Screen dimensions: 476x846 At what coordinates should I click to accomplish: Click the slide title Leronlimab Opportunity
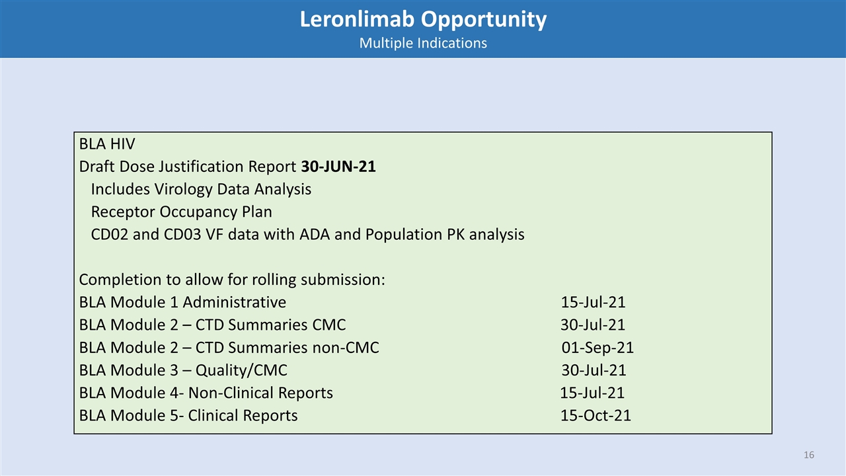423,20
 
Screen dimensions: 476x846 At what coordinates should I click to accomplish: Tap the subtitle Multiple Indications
423,43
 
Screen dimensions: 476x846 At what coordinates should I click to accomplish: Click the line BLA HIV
107,144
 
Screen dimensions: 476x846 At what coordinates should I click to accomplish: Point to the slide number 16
809,456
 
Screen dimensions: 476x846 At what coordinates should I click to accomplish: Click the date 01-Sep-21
597,348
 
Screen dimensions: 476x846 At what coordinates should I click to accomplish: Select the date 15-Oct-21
596,415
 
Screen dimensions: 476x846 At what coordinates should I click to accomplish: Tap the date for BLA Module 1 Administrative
593,303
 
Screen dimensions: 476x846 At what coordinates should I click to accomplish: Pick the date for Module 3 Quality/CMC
594,370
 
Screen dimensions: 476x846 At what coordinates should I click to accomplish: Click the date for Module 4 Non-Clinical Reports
592,393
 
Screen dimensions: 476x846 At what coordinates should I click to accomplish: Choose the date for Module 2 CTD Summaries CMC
593,325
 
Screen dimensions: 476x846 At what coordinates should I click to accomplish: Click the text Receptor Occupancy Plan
181,212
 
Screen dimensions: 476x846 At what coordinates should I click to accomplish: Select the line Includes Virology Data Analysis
201,189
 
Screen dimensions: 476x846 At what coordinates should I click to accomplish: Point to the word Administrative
235,303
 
